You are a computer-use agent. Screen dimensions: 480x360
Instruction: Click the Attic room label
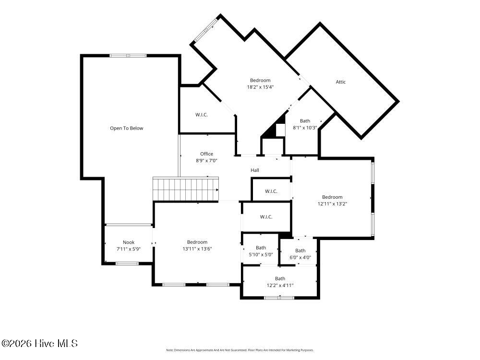(x=340, y=82)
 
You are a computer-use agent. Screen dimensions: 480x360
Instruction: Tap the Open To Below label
(x=126, y=128)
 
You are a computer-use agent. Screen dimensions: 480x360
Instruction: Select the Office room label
(x=206, y=154)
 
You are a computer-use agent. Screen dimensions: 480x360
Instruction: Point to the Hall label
(x=255, y=170)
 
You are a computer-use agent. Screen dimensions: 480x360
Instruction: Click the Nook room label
(x=129, y=242)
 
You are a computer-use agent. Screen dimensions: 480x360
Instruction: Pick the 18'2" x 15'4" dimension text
(x=260, y=87)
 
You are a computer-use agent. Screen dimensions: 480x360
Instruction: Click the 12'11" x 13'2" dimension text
(x=332, y=204)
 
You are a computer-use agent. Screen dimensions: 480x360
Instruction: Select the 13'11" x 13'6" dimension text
(x=197, y=249)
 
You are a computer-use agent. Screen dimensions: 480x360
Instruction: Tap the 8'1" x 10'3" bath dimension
(x=305, y=128)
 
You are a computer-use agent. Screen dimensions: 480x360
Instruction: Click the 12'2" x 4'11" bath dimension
(x=280, y=285)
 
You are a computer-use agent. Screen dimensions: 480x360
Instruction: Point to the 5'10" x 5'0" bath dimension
(x=261, y=254)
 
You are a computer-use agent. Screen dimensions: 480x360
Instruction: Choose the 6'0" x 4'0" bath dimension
(x=300, y=257)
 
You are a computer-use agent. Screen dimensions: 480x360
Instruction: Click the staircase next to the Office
(x=185, y=189)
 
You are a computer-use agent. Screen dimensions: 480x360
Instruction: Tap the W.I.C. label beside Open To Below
(x=202, y=115)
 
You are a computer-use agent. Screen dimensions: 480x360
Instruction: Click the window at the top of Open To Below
(x=128, y=56)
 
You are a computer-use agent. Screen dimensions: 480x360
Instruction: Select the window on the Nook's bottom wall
(x=127, y=263)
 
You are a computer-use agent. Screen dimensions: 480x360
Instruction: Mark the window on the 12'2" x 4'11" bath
(x=279, y=298)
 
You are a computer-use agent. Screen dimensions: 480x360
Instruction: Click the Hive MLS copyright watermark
(x=39, y=344)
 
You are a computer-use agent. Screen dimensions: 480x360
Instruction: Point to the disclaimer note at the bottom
(x=240, y=350)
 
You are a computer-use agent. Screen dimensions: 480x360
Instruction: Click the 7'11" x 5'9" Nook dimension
(x=129, y=249)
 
